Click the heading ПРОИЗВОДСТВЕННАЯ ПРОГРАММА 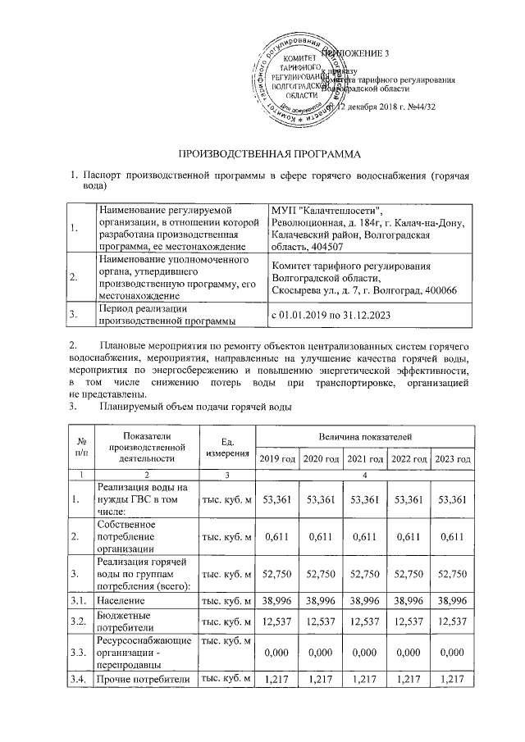tap(264, 152)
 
